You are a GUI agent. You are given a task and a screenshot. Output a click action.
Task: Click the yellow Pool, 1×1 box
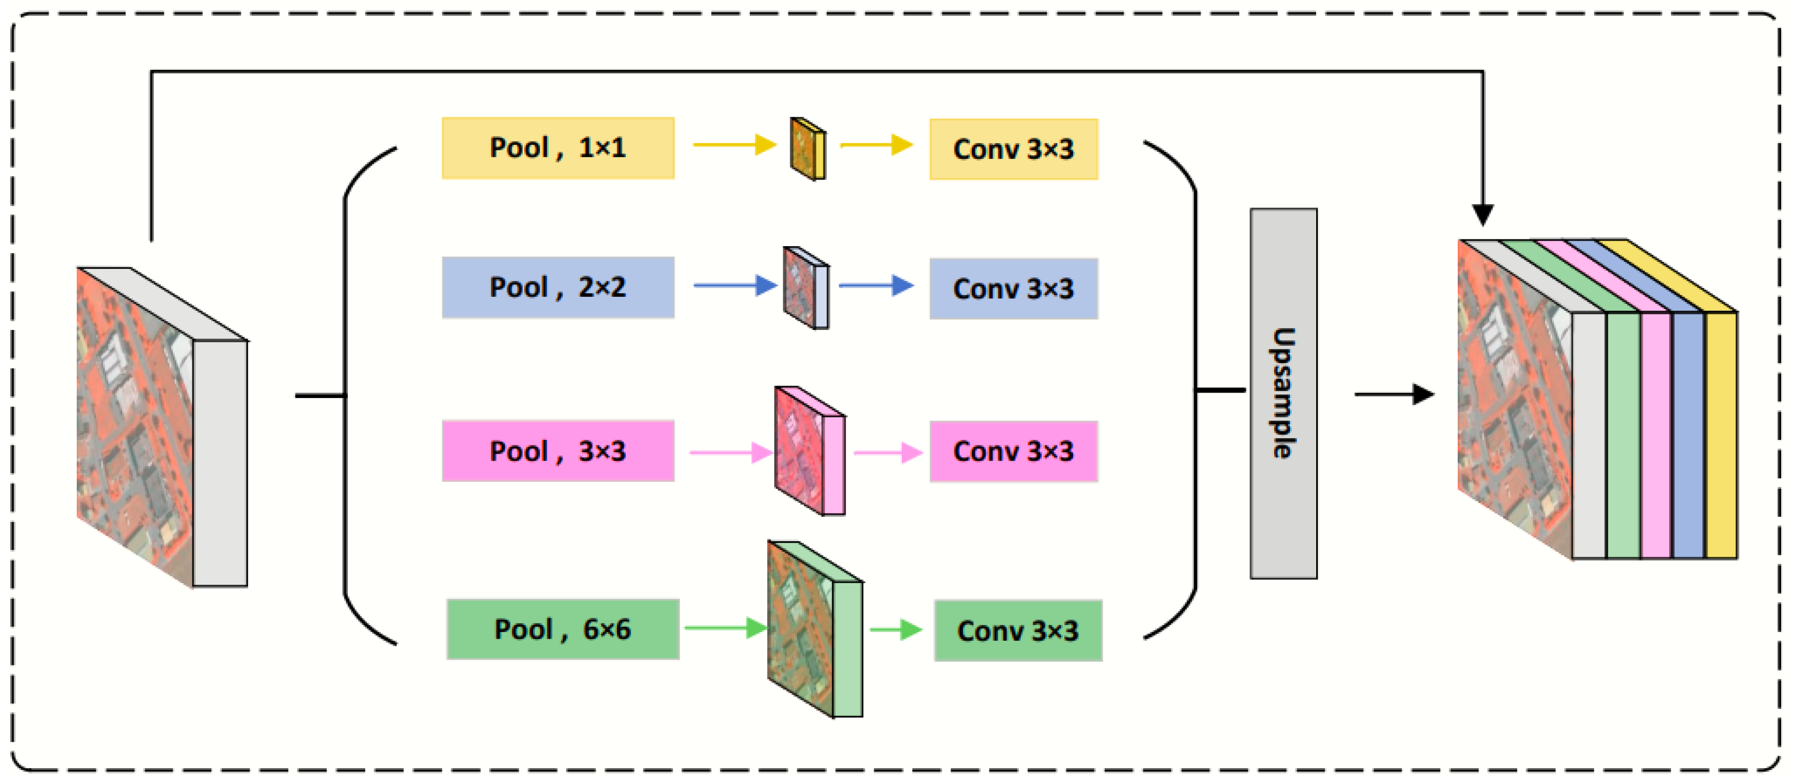558,148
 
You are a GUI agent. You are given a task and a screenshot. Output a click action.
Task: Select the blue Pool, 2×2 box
558,287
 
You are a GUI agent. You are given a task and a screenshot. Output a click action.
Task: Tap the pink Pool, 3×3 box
558,451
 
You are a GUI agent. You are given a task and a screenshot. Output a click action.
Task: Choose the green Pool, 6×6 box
562,629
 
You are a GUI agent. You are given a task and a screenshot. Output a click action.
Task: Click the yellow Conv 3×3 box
1014,149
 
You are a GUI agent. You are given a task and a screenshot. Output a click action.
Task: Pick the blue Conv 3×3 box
1014,289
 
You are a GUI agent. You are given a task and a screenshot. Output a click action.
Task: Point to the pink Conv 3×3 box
1014,451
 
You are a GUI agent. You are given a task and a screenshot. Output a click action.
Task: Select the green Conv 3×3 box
1017,630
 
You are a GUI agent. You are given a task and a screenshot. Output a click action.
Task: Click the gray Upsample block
1283,393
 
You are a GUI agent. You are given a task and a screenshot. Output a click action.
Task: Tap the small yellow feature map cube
808,148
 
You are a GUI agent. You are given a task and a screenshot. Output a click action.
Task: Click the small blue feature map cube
805,287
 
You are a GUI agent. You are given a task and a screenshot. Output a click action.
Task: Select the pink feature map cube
809,451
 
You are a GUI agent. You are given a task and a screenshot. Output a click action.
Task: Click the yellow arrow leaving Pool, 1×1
734,145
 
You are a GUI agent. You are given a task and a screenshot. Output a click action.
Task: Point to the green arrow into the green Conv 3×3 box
895,629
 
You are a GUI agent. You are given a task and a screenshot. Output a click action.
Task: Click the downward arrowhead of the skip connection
1482,215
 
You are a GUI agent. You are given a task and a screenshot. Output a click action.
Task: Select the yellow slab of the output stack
1721,435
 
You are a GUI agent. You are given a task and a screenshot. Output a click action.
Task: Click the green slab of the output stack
1623,435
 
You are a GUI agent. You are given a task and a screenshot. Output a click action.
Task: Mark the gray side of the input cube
220,463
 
